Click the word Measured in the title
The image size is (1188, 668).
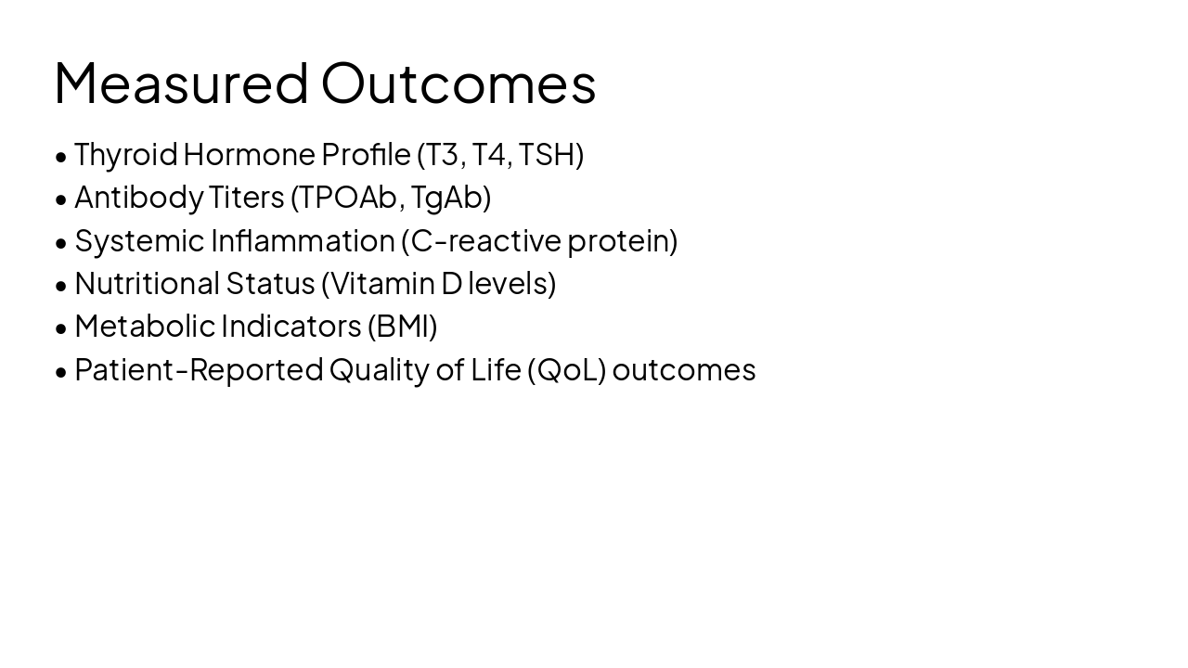pos(181,83)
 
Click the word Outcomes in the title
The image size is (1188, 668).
pos(458,83)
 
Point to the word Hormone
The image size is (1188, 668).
pos(249,155)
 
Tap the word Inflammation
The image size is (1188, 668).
pos(303,240)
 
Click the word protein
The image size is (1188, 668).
pos(618,240)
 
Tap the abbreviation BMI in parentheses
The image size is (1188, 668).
pos(402,327)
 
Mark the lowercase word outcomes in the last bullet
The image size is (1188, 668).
pos(684,370)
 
